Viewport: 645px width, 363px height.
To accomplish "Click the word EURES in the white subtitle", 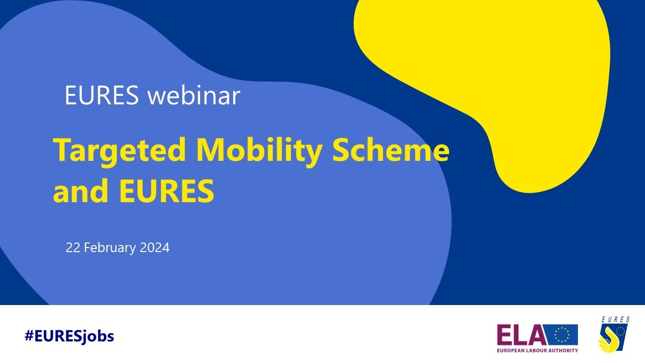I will pos(101,96).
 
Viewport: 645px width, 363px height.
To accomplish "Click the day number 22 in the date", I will pos(73,248).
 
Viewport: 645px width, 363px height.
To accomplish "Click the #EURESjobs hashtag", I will pos(69,336).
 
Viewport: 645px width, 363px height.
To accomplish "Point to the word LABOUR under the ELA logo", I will pos(539,350).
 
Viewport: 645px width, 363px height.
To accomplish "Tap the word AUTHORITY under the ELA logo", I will pos(565,350).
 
